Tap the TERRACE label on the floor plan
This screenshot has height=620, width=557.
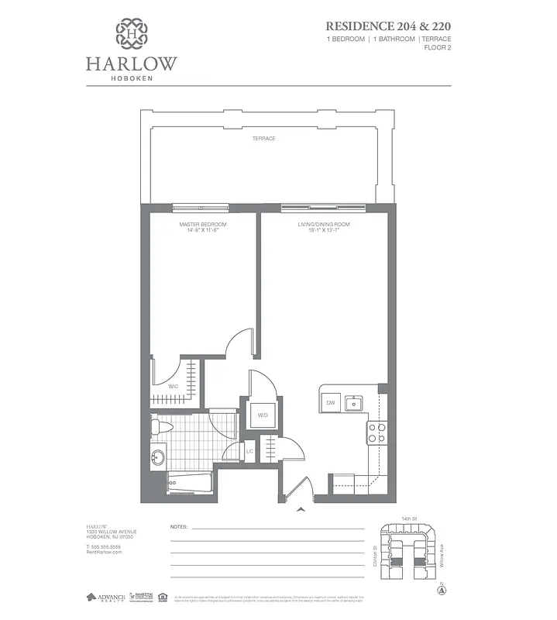coord(263,139)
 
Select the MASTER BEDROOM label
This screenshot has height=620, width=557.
coord(197,225)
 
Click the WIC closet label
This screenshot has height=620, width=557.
coord(174,385)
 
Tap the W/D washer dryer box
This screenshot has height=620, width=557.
coord(263,415)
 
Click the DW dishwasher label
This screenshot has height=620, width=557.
coord(330,402)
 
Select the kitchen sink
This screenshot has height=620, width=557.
coord(354,402)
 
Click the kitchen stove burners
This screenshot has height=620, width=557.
coord(376,432)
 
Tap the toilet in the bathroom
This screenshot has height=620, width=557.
coord(160,426)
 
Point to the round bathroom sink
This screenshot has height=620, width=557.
coord(158,457)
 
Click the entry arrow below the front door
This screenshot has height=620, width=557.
coord(301,510)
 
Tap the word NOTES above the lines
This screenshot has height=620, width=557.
coord(179,527)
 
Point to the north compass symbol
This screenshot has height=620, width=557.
coord(442,590)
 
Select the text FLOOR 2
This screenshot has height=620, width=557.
coord(437,48)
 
